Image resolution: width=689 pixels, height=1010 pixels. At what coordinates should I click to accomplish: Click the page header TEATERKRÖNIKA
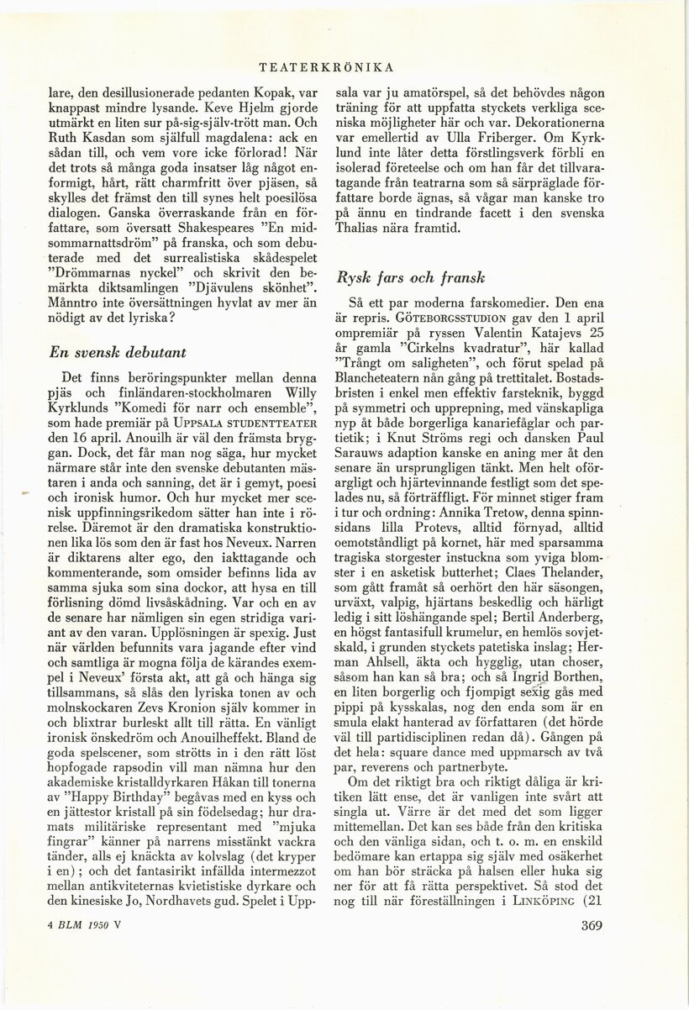[x=328, y=66]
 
